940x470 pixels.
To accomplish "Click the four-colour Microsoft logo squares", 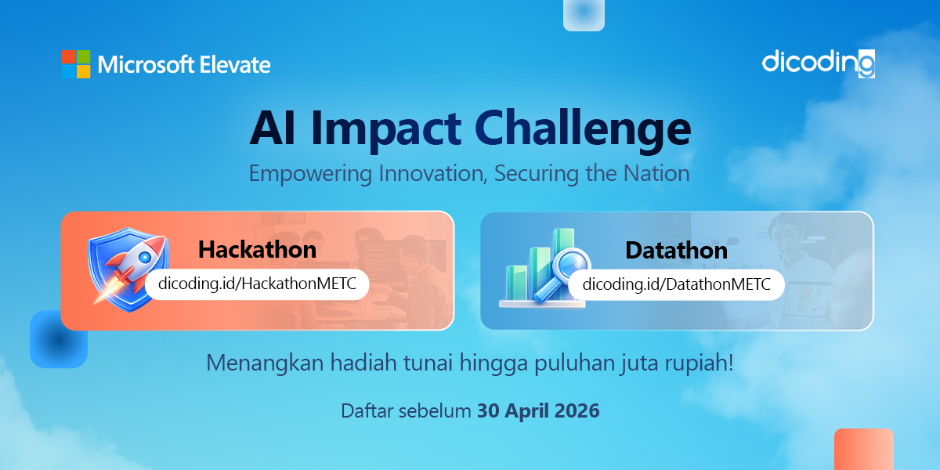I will pyautogui.click(x=76, y=64).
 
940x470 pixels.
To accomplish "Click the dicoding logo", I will pyautogui.click(x=818, y=63).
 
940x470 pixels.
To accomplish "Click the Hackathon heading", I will pyautogui.click(x=257, y=249).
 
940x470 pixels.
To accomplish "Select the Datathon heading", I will pyautogui.click(x=676, y=250).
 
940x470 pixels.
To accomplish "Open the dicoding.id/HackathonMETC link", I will pyautogui.click(x=257, y=284).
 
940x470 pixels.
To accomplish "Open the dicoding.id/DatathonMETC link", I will pyautogui.click(x=676, y=284).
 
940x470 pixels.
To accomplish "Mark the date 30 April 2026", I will pyautogui.click(x=538, y=410).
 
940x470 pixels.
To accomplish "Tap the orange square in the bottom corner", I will pyautogui.click(x=863, y=450).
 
